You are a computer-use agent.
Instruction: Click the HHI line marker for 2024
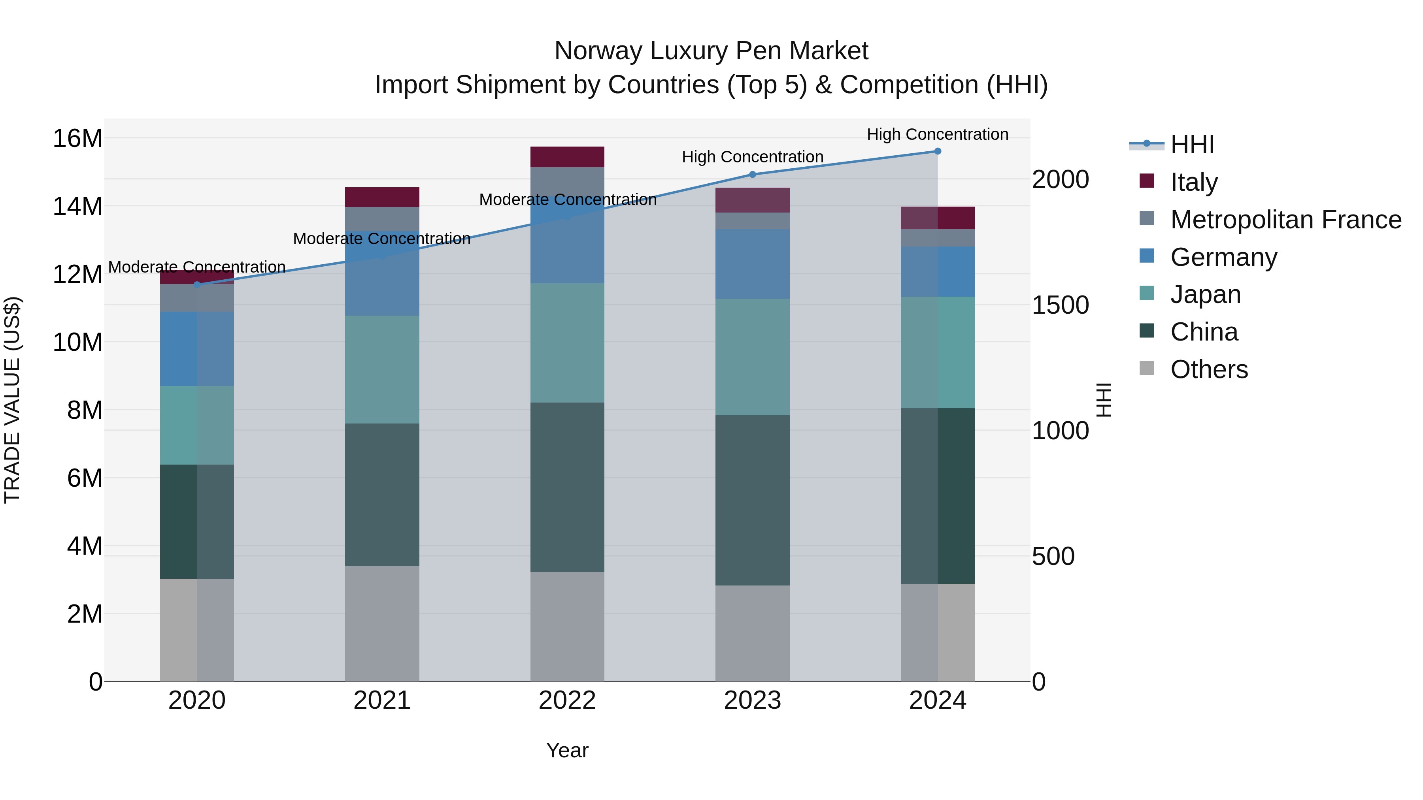tap(938, 151)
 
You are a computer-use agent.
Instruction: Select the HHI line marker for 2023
tap(752, 175)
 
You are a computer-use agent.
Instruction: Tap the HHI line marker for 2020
tap(197, 285)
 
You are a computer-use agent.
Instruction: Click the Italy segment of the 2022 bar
tap(567, 157)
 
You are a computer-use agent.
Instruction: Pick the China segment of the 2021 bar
tap(382, 495)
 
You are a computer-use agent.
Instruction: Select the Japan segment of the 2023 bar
tap(752, 357)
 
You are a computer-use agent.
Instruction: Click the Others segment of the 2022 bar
tap(567, 626)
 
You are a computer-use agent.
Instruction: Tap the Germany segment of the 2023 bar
tap(752, 264)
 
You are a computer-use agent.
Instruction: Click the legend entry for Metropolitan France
tap(1285, 220)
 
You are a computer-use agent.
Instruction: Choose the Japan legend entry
tap(1205, 294)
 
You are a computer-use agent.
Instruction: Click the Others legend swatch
tap(1147, 368)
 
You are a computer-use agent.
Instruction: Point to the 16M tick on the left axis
tap(77, 138)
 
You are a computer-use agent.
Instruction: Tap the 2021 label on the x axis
tap(382, 700)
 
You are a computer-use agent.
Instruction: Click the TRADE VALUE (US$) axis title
tap(12, 400)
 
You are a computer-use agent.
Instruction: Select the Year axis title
tap(567, 750)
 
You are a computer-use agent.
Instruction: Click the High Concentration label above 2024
tap(938, 134)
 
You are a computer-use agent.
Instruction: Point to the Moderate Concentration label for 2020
tap(197, 267)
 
